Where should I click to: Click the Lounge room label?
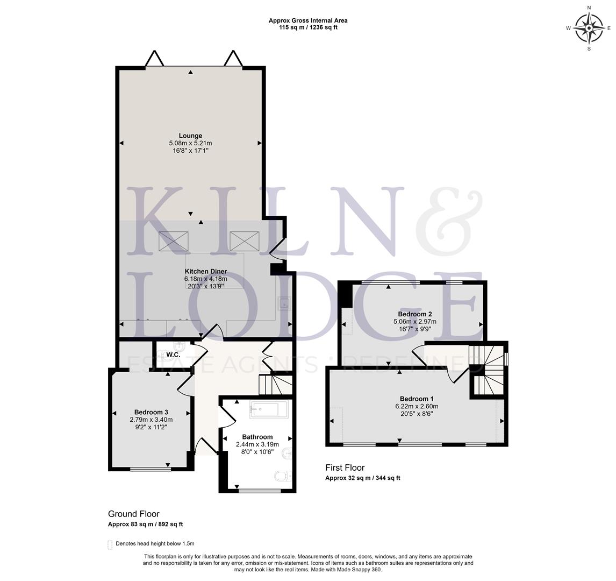coord(190,136)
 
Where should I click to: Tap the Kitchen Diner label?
coord(205,271)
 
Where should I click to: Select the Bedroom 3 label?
coord(151,412)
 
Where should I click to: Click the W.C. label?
coord(173,355)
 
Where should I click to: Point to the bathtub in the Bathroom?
coord(269,409)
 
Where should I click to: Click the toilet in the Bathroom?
coord(282,476)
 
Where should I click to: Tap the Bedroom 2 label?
coord(414,314)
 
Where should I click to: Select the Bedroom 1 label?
coord(416,399)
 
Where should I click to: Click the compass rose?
coord(589,28)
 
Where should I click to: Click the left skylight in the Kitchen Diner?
coord(174,241)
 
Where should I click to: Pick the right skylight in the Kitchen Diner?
coord(245,241)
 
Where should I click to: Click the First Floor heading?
coord(345,467)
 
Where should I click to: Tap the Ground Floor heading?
coord(133,514)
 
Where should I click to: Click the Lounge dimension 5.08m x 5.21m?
coord(190,144)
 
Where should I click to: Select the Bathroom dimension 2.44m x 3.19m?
coord(257,444)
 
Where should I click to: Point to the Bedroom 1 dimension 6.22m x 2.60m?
coord(416,407)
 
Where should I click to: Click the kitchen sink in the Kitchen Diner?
coord(283,304)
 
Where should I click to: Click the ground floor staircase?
coord(275,384)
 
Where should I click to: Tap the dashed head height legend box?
coord(110,544)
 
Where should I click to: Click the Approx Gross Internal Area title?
coord(308,20)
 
